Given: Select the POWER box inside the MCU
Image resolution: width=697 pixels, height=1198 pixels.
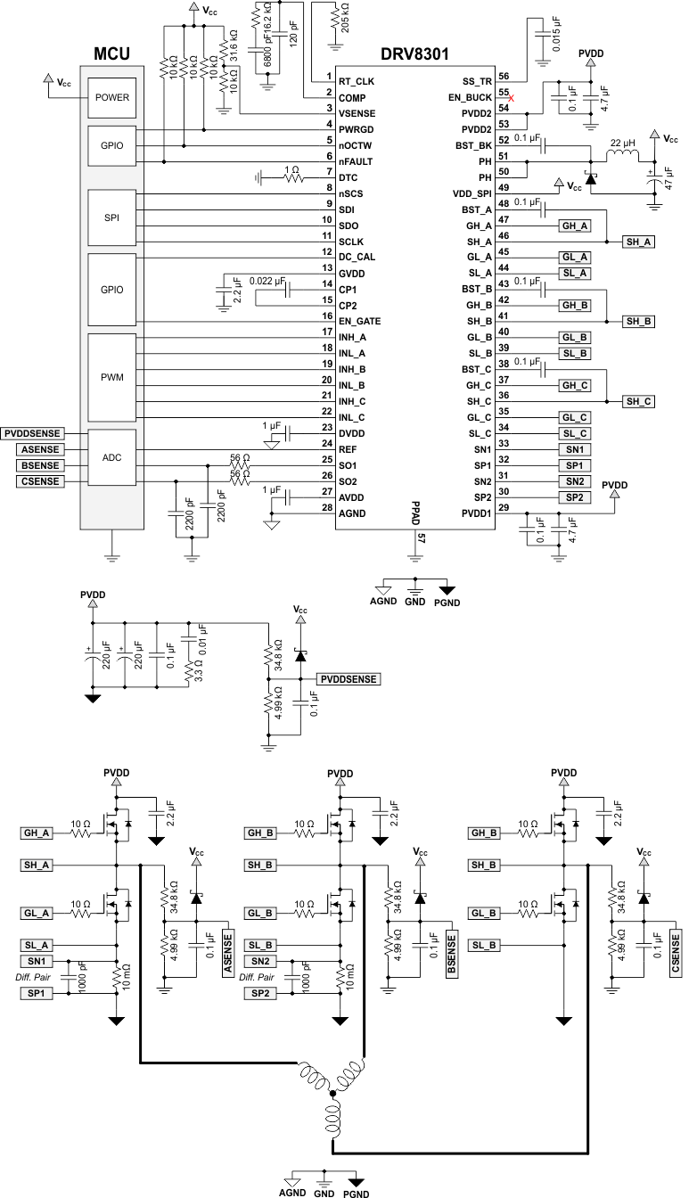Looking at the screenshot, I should point(111,98).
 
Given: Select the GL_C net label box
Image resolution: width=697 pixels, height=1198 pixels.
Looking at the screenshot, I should point(573,418).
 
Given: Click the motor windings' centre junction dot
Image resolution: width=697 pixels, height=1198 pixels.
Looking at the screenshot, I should point(332,1092).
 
